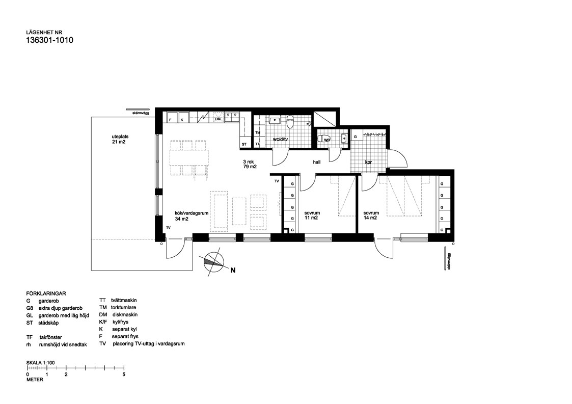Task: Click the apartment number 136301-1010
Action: tap(49, 41)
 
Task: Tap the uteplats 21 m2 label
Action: tap(119, 139)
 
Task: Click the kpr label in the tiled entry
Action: tap(369, 163)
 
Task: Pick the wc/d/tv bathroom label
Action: tap(281, 139)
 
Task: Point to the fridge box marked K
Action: tap(182, 120)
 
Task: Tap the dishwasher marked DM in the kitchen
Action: tap(218, 119)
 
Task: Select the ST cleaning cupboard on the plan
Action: tap(244, 145)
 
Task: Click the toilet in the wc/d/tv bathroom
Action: tap(290, 122)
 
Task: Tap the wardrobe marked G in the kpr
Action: tap(355, 137)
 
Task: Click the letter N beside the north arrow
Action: tap(233, 271)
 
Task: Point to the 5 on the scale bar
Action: tap(124, 374)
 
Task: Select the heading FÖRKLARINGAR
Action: tap(46, 293)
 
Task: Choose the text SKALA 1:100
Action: tap(40, 362)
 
